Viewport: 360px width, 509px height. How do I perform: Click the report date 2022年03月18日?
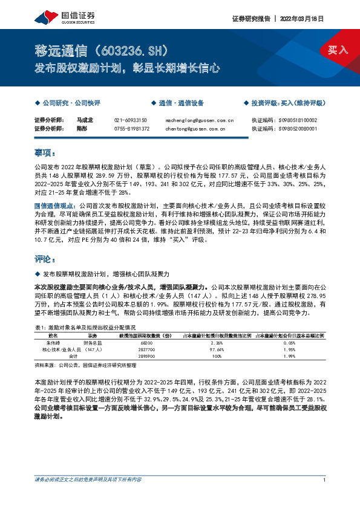click(303, 18)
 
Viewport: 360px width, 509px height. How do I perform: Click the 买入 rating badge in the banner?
click(338, 50)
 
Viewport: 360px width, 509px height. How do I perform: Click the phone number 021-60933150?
click(131, 120)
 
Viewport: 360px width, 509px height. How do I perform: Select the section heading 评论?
click(45, 259)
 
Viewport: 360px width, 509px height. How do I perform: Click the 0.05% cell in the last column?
click(289, 342)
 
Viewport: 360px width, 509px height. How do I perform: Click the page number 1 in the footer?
click(325, 480)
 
